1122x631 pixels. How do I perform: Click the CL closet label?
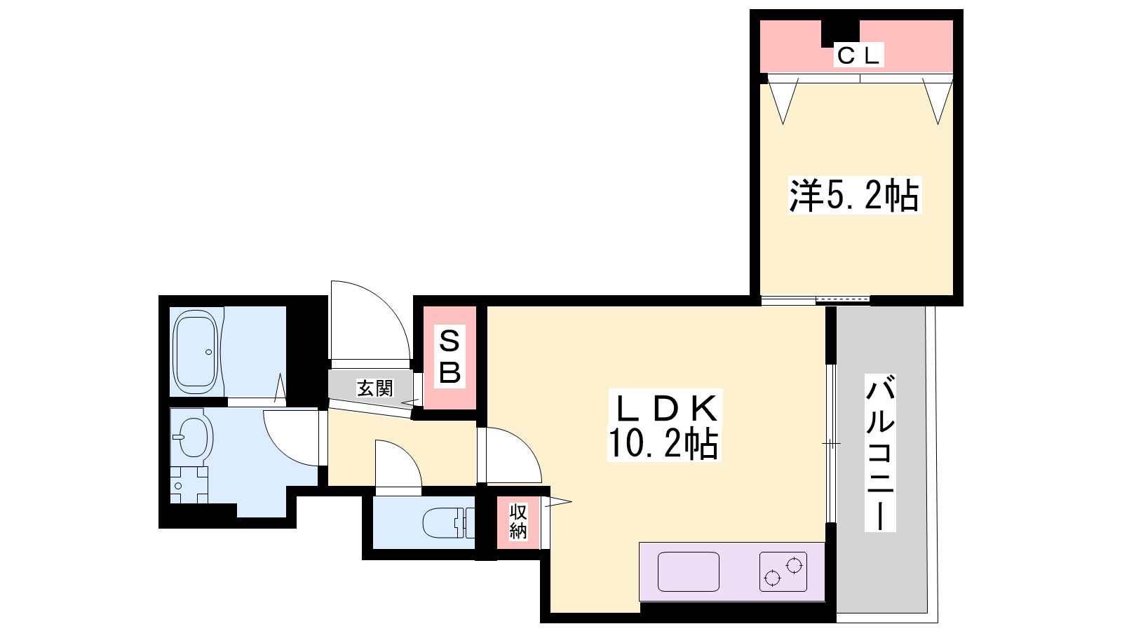(858, 55)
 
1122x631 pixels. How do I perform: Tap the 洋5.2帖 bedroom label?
(855, 196)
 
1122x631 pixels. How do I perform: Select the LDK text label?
(665, 408)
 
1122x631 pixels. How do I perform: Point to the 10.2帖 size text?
(663, 442)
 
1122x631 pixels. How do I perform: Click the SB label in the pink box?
(450, 357)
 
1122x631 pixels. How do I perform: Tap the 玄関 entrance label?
(374, 388)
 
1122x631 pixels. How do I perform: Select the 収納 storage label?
(518, 522)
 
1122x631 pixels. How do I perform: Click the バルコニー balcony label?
(880, 453)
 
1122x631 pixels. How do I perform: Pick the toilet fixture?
(448, 522)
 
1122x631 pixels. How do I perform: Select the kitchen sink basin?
(688, 571)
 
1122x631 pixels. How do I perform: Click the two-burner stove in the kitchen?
(783, 571)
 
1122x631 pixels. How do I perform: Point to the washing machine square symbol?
(189, 484)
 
